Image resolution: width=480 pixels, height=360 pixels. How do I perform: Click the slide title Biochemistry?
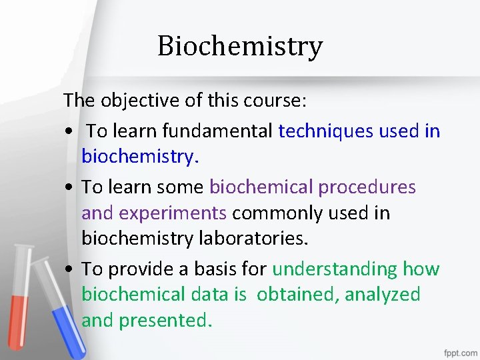(240, 46)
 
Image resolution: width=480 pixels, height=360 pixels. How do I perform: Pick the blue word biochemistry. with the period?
(140, 157)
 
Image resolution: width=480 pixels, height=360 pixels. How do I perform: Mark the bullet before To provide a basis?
(69, 270)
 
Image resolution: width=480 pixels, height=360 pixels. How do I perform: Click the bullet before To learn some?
(69, 188)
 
